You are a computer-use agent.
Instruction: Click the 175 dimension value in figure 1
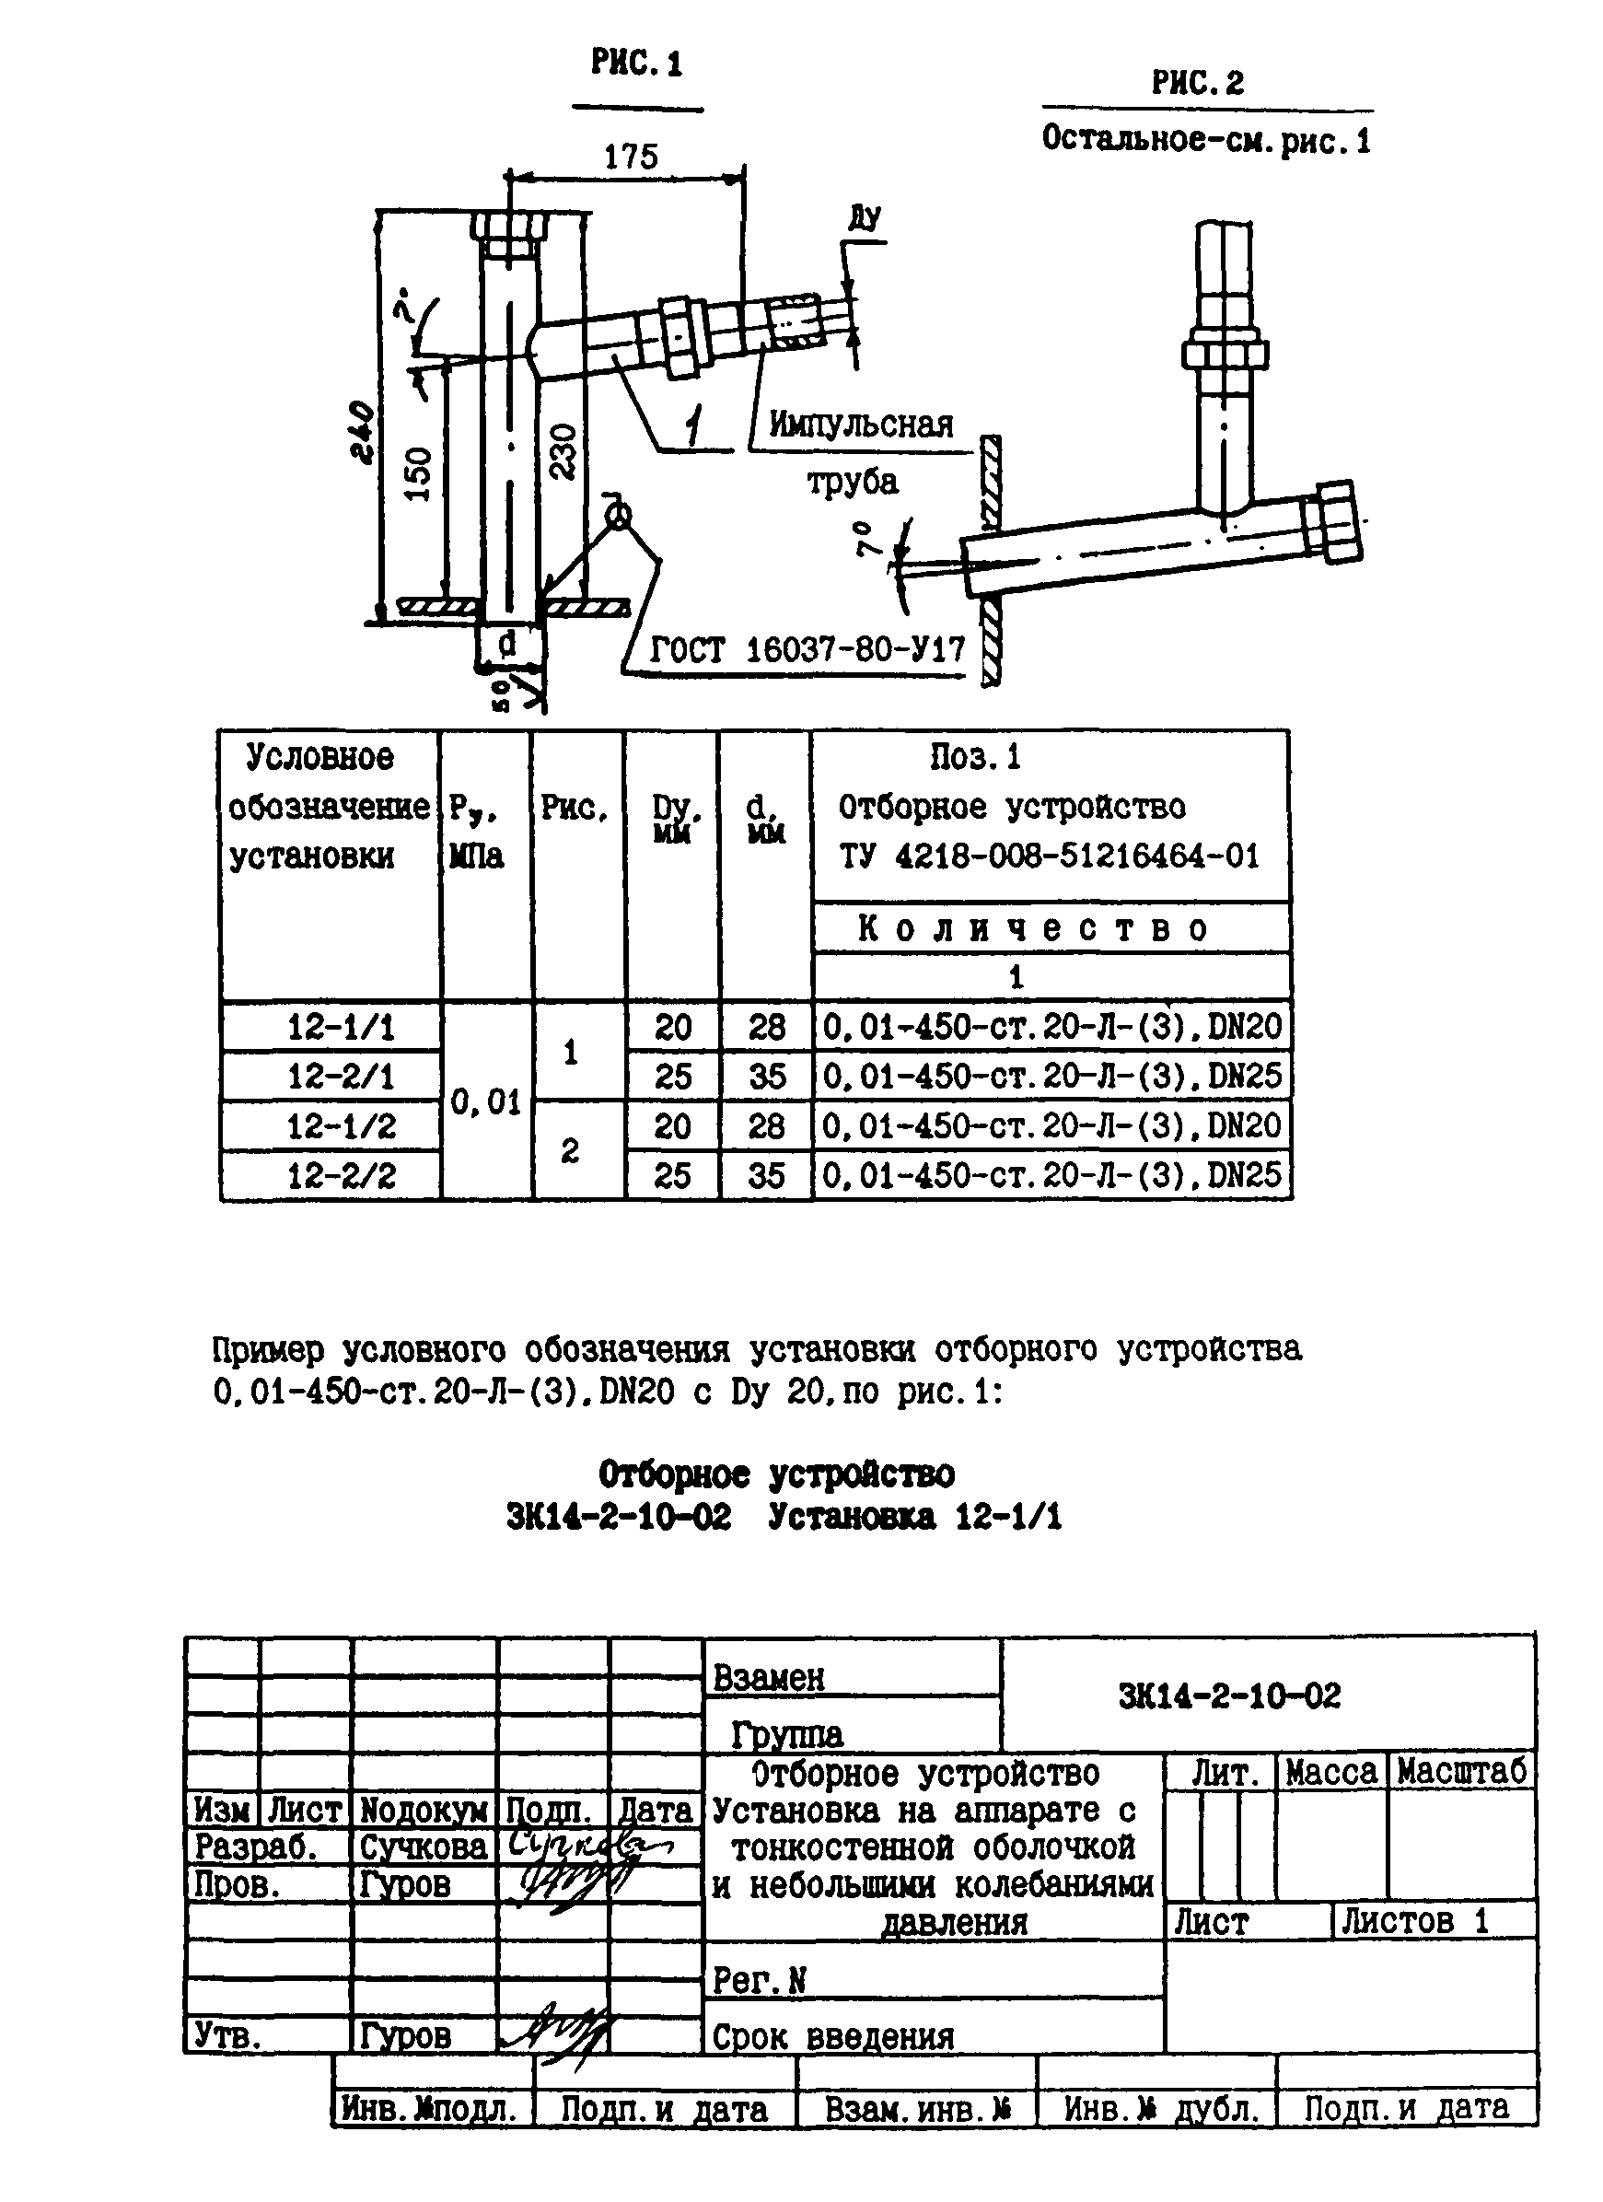(631, 157)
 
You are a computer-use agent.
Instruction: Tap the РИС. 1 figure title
(637, 64)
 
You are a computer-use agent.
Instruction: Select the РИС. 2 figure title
(1197, 84)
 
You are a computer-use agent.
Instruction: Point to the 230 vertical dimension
(564, 451)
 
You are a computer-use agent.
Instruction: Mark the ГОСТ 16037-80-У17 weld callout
(807, 648)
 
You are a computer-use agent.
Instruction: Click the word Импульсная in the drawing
(861, 425)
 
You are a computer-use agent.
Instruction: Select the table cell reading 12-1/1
(341, 1027)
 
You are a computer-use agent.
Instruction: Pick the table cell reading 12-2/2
(341, 1176)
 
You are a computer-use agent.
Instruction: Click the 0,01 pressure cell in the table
(486, 1102)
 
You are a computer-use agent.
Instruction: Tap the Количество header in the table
(1033, 929)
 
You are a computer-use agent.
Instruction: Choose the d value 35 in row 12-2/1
(766, 1077)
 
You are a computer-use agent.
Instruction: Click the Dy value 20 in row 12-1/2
(672, 1126)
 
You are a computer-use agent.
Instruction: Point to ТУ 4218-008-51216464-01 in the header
(1049, 856)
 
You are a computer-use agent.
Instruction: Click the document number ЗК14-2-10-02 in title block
(1229, 1696)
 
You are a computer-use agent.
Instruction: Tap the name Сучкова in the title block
(424, 1846)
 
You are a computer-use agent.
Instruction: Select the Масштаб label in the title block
(1461, 1772)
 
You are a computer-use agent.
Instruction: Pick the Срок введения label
(833, 2037)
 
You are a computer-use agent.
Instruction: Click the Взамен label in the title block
(769, 1678)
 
